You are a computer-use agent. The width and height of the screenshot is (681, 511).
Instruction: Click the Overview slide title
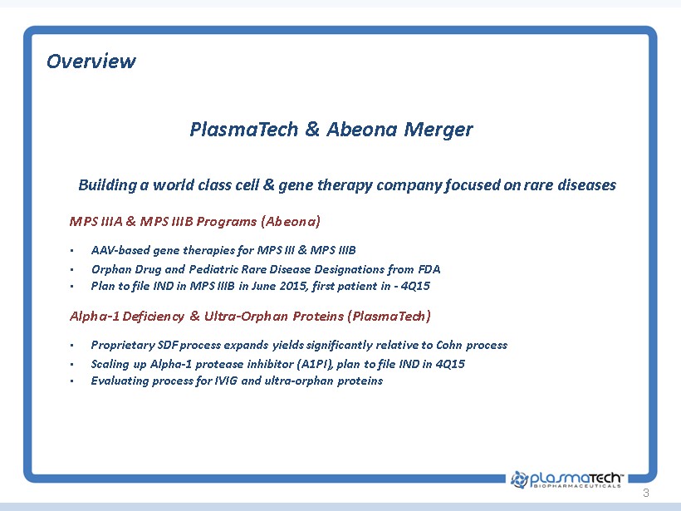91,61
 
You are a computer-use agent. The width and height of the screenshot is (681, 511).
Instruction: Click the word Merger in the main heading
438,130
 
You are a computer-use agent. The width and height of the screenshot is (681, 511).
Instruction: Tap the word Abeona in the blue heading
362,129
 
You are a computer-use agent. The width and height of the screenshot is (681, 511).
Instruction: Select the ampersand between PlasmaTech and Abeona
312,129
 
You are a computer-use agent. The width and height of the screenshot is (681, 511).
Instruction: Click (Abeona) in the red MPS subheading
291,221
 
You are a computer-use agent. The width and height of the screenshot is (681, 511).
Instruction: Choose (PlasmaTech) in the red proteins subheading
389,316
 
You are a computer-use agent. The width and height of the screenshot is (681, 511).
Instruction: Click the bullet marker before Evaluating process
71,381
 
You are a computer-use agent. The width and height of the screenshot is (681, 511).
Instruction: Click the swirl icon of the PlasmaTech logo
519,479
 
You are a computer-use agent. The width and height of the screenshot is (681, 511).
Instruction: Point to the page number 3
646,493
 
